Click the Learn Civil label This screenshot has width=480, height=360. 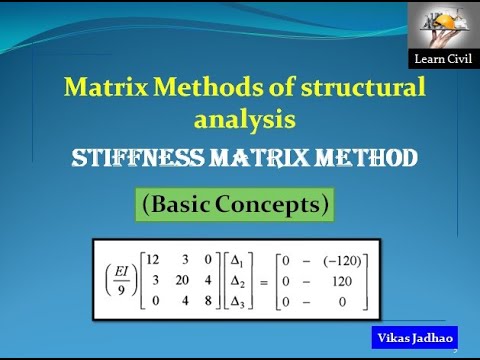[440, 60]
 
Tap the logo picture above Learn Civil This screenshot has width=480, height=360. [441, 26]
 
